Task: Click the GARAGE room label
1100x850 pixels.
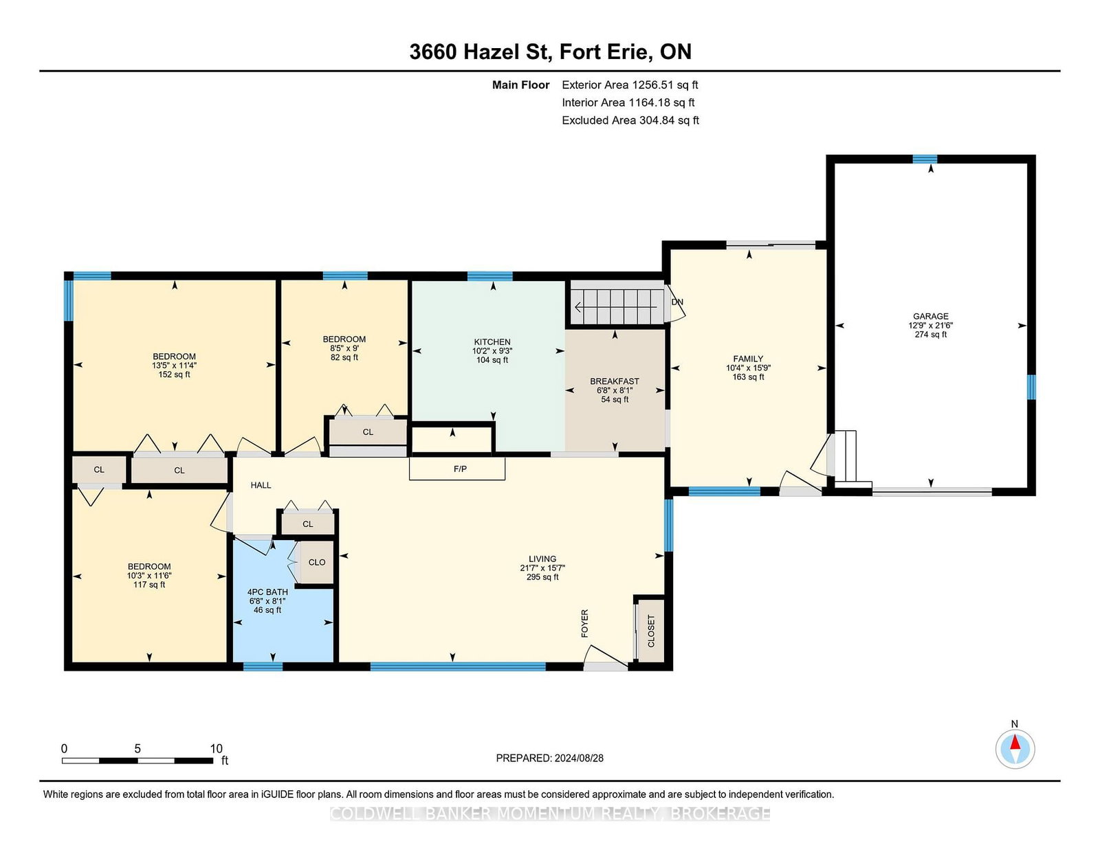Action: (931, 317)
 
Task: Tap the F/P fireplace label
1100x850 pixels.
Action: (460, 469)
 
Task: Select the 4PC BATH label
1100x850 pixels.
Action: (267, 592)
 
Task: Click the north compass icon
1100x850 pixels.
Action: (1015, 749)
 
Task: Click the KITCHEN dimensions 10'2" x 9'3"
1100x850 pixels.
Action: (492, 351)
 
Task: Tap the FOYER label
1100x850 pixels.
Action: (585, 623)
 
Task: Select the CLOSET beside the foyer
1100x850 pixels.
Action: (650, 631)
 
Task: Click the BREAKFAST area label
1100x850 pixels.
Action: (615, 381)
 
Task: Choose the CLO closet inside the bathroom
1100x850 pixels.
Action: (316, 562)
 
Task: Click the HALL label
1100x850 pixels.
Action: (261, 485)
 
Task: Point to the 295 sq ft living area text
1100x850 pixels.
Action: (542, 577)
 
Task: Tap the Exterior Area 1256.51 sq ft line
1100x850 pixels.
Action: (630, 85)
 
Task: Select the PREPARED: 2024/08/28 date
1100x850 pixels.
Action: (549, 758)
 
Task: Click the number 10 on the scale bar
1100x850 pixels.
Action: (216, 749)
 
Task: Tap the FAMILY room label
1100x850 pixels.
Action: (748, 359)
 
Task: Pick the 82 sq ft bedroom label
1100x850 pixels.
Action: (344, 357)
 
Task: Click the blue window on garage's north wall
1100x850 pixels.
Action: (925, 159)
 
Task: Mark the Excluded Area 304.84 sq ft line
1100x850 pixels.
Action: (630, 120)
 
